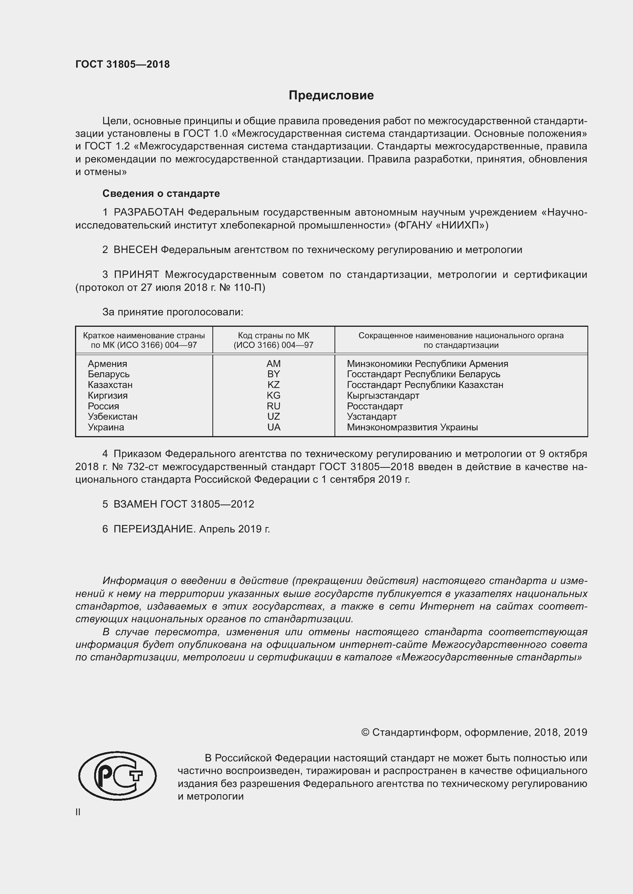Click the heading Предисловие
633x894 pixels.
(331, 96)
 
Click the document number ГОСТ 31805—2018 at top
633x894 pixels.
(122, 64)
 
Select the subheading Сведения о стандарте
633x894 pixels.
(161, 193)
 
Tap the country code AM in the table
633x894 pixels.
(273, 363)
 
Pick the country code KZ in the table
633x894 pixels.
(273, 385)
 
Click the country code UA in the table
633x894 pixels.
(274, 427)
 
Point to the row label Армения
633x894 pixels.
(107, 363)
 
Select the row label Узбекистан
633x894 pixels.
(112, 417)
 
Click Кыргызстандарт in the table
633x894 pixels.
(383, 396)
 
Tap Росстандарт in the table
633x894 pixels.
(375, 406)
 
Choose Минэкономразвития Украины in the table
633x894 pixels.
(412, 427)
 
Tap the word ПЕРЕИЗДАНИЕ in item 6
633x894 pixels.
(154, 529)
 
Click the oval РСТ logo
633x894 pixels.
(117, 776)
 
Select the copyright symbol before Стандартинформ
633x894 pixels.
(365, 732)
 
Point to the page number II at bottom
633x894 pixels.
(78, 812)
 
